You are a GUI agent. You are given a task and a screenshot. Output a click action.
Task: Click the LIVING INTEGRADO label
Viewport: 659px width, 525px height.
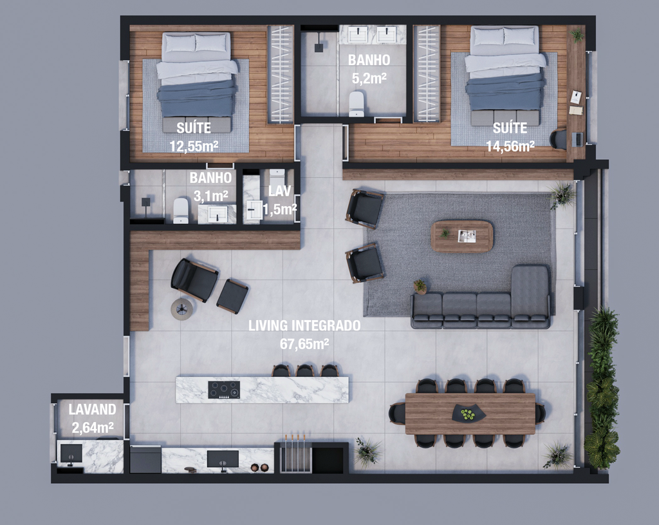pos(304,325)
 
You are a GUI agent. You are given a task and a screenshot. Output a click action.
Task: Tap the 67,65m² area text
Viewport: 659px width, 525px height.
pos(304,344)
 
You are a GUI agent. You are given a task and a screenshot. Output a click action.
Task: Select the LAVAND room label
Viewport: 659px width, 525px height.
pos(93,409)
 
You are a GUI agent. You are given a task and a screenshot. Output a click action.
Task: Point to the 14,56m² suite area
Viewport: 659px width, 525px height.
pos(510,146)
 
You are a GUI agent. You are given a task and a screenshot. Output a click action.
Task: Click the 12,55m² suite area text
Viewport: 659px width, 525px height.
pos(194,146)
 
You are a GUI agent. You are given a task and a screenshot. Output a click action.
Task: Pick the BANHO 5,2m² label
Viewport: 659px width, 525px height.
pos(369,69)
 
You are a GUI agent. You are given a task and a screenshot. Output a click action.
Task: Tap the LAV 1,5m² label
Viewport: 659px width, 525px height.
pos(279,200)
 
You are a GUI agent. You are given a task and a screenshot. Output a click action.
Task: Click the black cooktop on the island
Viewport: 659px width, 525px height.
pos(224,390)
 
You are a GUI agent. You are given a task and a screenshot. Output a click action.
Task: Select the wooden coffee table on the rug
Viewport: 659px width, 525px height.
pos(462,236)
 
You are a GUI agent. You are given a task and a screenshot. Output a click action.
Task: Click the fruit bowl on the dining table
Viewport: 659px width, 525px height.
pos(469,414)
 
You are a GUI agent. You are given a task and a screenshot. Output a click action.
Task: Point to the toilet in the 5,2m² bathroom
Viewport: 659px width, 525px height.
pos(357,104)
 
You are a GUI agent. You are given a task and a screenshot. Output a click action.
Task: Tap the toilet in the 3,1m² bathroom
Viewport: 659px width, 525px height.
pos(181,211)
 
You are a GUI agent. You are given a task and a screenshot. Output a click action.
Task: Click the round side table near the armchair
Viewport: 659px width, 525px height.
pos(182,309)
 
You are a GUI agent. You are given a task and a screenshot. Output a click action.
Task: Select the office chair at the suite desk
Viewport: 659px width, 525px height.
pos(559,139)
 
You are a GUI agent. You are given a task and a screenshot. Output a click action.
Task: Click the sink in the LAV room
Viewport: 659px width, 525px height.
pos(254,210)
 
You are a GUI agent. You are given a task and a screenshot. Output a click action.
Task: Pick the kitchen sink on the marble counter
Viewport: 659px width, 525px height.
pos(223,459)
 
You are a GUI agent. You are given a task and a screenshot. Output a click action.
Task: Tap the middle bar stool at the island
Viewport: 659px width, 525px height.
pos(304,370)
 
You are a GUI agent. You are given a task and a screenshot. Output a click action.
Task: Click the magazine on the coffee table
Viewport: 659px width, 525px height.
pos(467,236)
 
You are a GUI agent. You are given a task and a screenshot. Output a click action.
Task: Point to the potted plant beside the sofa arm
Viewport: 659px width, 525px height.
pos(420,286)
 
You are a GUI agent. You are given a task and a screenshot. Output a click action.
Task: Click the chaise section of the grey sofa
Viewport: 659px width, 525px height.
pos(530,294)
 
